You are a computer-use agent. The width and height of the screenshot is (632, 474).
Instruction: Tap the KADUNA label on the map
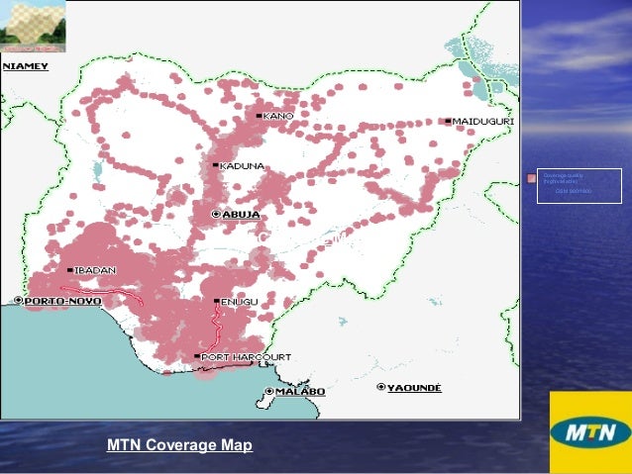243,165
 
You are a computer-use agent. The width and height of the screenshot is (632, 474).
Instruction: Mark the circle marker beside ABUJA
217,214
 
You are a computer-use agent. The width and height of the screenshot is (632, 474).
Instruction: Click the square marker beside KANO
260,116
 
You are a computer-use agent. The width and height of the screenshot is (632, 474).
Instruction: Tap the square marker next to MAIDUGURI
448,121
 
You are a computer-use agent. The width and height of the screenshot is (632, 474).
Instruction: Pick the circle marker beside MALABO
269,392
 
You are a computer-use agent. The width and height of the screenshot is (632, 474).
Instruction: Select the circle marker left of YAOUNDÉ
381,386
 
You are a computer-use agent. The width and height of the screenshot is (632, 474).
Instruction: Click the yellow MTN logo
589,432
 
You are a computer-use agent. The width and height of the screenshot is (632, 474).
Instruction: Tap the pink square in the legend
532,179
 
